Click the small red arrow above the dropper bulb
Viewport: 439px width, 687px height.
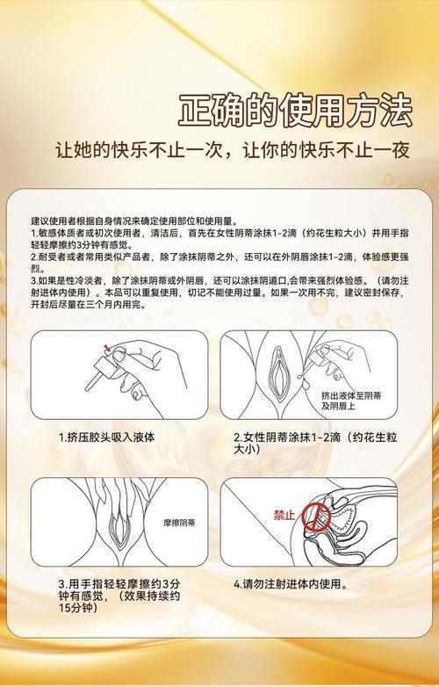pos(106,348)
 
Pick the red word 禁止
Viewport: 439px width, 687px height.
pos(284,516)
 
